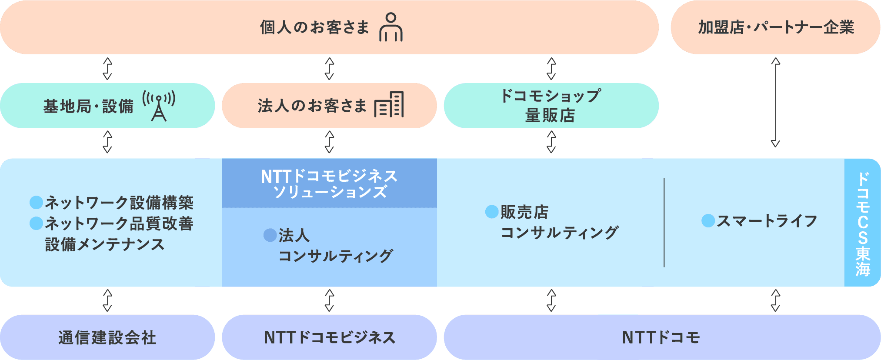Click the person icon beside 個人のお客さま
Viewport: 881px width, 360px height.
[x=390, y=27]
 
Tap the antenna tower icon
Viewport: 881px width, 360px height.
[x=159, y=105]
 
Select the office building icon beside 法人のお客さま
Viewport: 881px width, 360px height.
[x=389, y=105]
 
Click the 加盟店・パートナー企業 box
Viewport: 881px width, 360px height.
[x=775, y=27]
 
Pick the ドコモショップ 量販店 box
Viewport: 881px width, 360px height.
[x=551, y=106]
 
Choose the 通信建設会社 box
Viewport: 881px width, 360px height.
[x=107, y=337]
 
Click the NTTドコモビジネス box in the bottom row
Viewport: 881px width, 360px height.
[x=329, y=337]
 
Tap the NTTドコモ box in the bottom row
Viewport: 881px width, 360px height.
[x=661, y=337]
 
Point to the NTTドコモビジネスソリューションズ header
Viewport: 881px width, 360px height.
[x=329, y=183]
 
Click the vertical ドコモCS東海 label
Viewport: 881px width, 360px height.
[x=862, y=223]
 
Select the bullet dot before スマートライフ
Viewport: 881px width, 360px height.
[x=708, y=221]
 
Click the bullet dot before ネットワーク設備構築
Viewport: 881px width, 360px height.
[x=36, y=202]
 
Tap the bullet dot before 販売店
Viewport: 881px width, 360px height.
[x=491, y=212]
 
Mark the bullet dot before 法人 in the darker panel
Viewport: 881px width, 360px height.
[x=270, y=235]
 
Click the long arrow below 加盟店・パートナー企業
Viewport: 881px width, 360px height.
[x=775, y=103]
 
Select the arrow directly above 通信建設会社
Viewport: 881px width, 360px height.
[x=107, y=300]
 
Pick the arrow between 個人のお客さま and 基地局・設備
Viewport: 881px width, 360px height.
[x=107, y=69]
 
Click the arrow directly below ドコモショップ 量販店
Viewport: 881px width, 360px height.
[x=551, y=142]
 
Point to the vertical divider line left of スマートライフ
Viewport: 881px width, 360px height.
[x=664, y=222]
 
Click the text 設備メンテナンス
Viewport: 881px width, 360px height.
[x=105, y=244]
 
